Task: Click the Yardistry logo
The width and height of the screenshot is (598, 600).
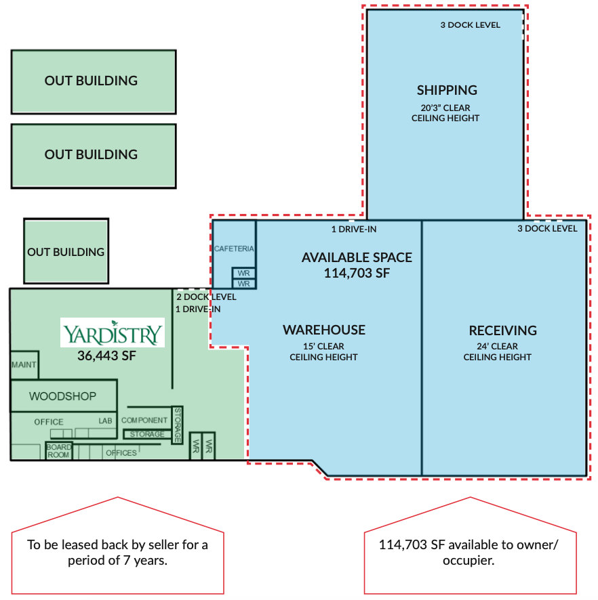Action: [113, 333]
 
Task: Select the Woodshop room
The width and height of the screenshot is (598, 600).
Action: [64, 395]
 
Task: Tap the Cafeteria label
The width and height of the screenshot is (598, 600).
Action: [234, 249]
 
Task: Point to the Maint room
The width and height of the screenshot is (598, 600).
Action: [24, 364]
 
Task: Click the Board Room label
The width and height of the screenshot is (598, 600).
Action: [58, 451]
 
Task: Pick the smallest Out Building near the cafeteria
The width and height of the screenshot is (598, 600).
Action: [66, 251]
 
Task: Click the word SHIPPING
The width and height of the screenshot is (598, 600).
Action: [447, 90]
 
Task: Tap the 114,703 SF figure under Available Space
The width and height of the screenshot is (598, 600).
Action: [357, 273]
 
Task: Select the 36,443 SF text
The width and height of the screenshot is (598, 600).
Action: [106, 356]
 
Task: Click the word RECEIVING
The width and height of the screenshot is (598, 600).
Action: [502, 330]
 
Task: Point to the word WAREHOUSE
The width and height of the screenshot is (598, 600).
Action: [324, 330]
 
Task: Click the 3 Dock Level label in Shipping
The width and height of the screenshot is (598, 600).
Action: [470, 25]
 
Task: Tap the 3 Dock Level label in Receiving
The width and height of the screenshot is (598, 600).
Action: [547, 229]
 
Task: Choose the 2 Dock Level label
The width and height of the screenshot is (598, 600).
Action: [206, 297]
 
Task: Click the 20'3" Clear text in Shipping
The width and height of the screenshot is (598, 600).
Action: [445, 108]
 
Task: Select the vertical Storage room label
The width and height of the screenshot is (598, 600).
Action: [178, 425]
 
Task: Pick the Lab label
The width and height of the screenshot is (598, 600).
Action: [105, 421]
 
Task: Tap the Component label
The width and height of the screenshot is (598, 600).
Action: [144, 420]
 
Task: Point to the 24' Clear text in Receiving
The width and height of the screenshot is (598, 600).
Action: [497, 346]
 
